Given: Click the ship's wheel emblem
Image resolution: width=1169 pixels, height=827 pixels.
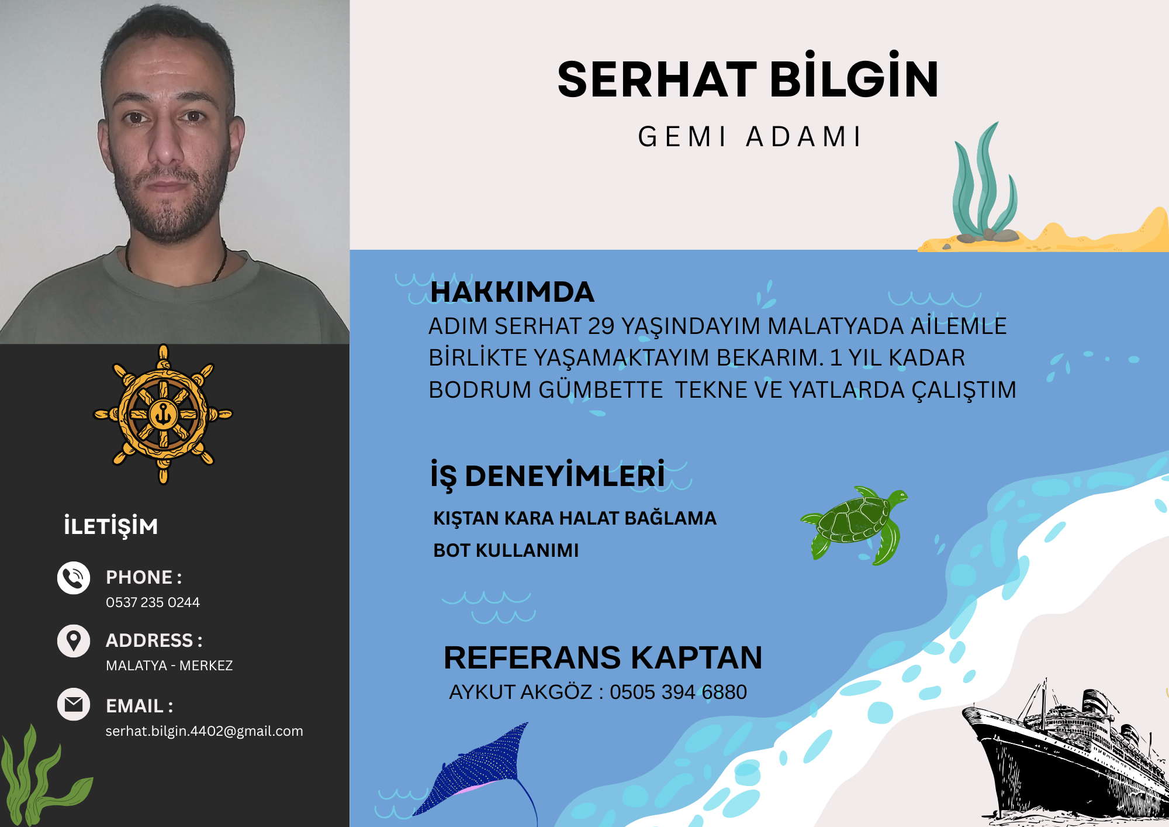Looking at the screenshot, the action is tap(163, 414).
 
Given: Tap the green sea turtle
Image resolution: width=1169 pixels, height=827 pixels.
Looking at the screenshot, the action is tap(855, 525).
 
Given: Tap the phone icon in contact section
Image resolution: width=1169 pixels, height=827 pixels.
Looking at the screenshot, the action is tap(74, 578).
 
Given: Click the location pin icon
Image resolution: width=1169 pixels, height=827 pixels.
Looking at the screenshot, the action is tap(74, 641).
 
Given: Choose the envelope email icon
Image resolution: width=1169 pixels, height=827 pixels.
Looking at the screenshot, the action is tap(74, 704).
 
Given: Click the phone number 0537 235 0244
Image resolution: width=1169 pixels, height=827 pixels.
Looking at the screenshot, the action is tap(153, 602).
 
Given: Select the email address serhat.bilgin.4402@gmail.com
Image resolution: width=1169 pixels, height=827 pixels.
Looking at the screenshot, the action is tap(204, 731).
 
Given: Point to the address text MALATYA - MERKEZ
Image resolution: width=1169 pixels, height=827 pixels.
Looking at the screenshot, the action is tap(169, 666).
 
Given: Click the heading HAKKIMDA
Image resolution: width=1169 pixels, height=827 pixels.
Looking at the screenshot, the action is tap(512, 292).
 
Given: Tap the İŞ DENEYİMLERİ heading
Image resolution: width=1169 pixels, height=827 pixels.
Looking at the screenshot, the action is tap(548, 475).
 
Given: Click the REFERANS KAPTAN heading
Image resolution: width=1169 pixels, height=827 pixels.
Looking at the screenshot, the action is tap(603, 657).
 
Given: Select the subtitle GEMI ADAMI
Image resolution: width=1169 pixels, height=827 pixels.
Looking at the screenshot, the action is tap(749, 137).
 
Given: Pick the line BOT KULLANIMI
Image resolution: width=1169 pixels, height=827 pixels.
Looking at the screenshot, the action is tap(506, 550).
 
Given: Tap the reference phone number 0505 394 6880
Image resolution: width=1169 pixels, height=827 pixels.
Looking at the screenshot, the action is tap(678, 692).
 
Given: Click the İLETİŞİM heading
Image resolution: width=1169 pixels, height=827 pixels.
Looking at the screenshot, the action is tap(110, 526).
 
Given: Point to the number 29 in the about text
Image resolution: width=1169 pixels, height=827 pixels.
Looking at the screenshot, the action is tap(601, 326).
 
